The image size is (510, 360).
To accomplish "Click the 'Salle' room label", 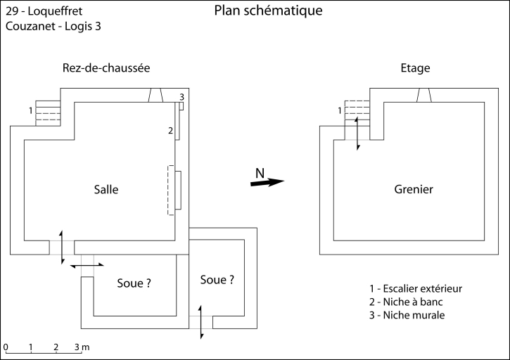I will (106, 189).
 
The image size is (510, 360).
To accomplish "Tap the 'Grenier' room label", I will (414, 189).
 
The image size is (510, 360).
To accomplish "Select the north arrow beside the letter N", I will (267, 182).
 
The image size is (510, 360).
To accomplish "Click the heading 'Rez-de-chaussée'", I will (106, 67).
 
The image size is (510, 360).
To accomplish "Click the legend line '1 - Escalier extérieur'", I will (416, 288).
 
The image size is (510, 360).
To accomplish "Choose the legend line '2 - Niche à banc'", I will (406, 302).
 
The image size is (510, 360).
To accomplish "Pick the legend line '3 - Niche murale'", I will (407, 315).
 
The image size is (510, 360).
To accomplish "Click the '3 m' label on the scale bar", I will (82, 347).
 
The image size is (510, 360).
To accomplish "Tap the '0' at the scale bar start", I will (6, 347).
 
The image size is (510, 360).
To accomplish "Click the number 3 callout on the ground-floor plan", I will (182, 96).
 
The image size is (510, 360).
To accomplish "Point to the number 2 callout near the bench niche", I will (170, 130).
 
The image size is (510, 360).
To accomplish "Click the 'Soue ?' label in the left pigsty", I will (134, 284).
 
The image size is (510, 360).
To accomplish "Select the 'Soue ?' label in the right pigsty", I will (217, 279).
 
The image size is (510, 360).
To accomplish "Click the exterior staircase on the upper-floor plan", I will (357, 111).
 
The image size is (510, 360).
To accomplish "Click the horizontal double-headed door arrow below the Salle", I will (88, 265).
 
